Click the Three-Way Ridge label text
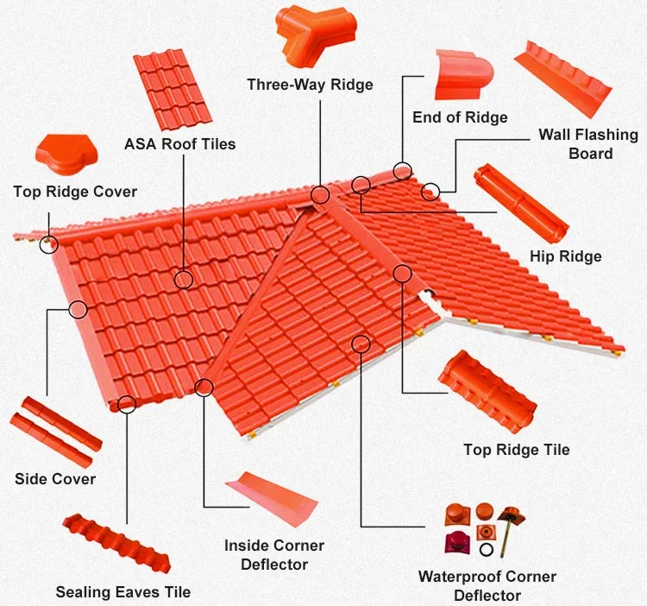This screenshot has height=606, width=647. tap(310, 85)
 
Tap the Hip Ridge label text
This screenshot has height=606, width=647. tap(565, 256)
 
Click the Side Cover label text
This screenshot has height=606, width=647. tap(55, 479)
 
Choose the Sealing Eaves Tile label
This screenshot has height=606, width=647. tap(122, 592)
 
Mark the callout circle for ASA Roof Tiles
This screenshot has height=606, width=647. tap(184, 279)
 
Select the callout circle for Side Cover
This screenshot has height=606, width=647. tap(79, 308)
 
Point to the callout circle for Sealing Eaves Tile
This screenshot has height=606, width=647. tap(127, 402)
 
